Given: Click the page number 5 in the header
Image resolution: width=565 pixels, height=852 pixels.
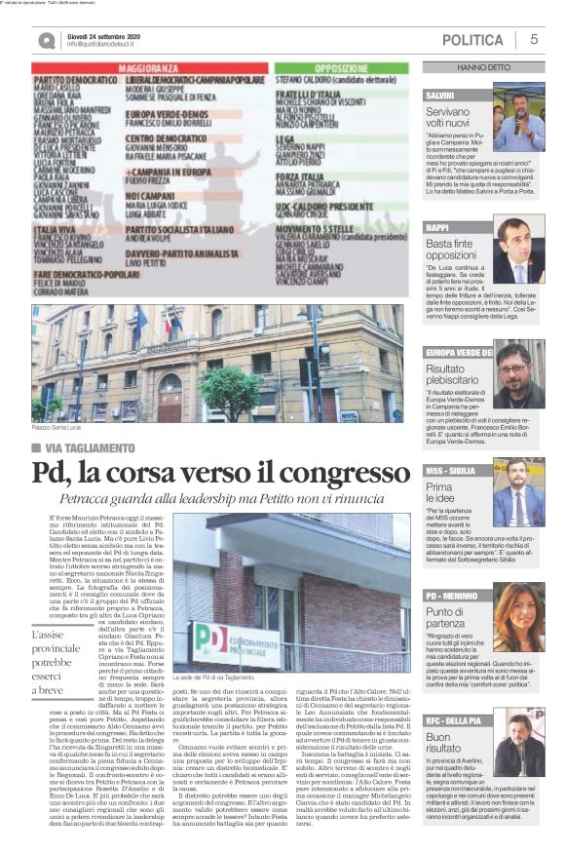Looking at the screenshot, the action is [534, 39].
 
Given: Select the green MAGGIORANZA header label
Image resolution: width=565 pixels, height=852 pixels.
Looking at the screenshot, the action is [146, 69].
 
